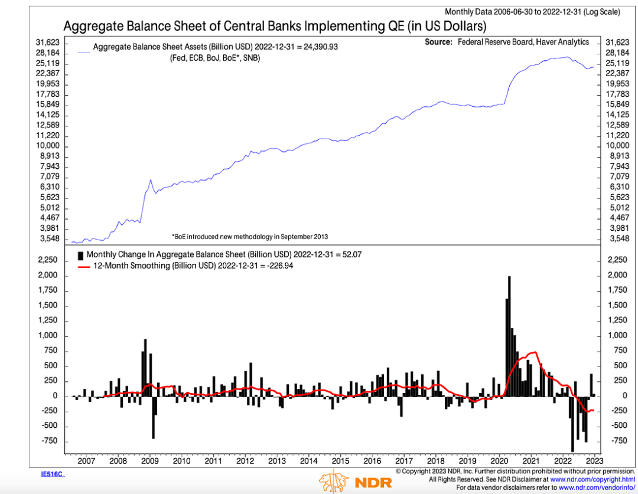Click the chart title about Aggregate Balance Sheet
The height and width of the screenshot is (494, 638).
click(x=275, y=27)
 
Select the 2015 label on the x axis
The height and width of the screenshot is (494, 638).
click(x=340, y=460)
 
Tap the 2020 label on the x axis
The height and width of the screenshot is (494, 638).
click(x=500, y=460)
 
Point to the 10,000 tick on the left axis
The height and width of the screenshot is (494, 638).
click(x=50, y=146)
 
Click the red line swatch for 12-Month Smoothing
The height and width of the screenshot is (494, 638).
click(x=83, y=266)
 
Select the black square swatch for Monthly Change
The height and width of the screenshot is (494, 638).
click(x=81, y=255)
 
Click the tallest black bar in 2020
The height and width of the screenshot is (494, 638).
click(x=509, y=336)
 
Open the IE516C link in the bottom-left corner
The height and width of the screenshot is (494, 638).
click(x=50, y=473)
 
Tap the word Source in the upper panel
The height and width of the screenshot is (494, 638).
click(x=438, y=42)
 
